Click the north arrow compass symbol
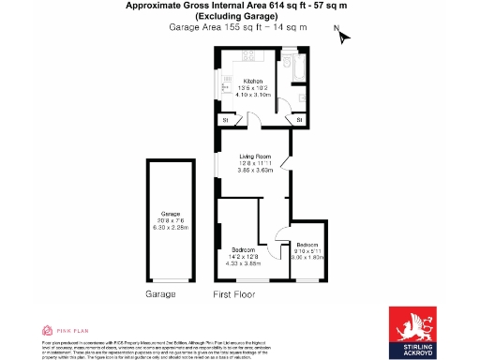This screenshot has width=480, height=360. (x=343, y=37)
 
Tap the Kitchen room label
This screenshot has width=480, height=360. (x=253, y=81)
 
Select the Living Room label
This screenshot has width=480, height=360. (x=255, y=157)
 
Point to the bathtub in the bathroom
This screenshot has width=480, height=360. (x=292, y=69)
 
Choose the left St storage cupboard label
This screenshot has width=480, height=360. (x=225, y=121)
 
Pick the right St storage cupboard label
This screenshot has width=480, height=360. (x=298, y=121)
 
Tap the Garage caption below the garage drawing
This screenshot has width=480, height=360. (x=160, y=293)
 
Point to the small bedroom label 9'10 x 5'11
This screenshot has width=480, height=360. (x=308, y=249)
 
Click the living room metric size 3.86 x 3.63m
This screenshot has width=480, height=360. (x=255, y=170)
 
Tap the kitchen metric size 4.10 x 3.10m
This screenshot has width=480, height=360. (x=253, y=95)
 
